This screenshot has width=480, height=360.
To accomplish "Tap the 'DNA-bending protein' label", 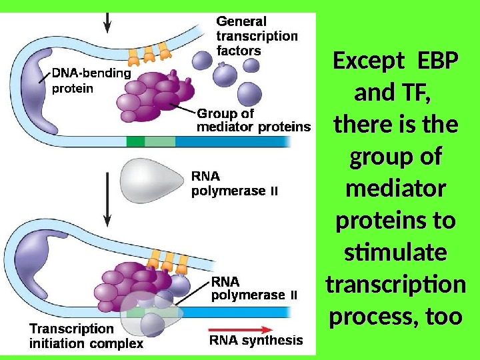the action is click(91, 80).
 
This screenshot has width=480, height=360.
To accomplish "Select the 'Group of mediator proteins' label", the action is click(253, 120).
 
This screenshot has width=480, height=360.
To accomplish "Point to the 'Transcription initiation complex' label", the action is click(86, 336).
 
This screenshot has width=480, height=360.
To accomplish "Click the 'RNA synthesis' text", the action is click(256, 341).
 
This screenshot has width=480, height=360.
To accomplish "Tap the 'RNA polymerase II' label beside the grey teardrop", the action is click(234, 184).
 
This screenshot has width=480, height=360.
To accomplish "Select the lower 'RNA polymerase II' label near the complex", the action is click(254, 288).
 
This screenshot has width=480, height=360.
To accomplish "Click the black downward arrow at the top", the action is click(107, 21).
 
